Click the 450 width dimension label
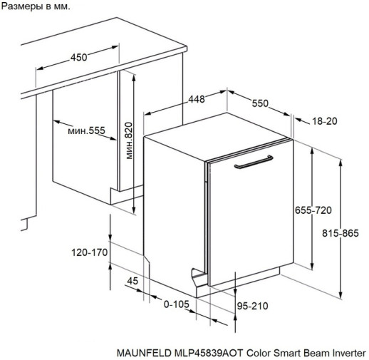(78, 57)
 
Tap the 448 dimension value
(197, 99)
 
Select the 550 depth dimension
(260, 103)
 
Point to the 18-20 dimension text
(324, 121)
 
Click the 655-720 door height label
(313, 210)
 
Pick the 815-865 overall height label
(341, 233)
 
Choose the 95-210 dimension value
(253, 306)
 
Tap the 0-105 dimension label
(177, 304)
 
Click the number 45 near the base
(132, 281)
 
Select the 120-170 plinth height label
(90, 252)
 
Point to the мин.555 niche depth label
(86, 130)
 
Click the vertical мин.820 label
(129, 140)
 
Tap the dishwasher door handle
(254, 162)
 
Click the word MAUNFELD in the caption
(144, 353)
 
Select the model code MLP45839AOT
(209, 353)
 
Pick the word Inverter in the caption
(349, 353)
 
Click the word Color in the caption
(259, 353)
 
